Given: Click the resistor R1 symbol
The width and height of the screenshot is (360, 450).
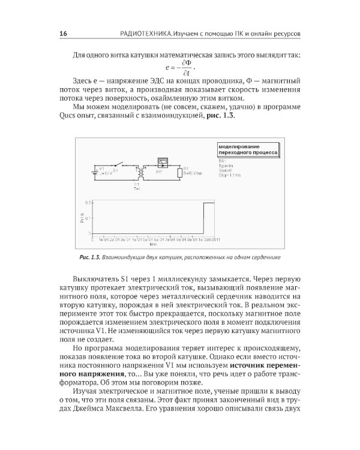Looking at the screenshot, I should [179, 173].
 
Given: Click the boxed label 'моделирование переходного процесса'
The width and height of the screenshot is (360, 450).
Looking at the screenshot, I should [247, 150].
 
